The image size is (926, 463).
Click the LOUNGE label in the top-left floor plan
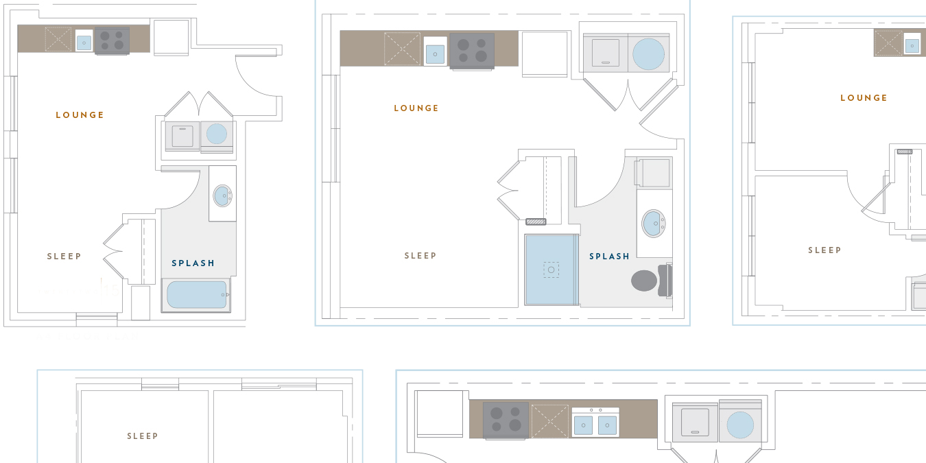coord(80,115)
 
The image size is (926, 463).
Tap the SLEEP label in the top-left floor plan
coord(64,257)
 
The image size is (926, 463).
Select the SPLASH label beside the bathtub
coord(193,263)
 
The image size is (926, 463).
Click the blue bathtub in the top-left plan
coord(196,295)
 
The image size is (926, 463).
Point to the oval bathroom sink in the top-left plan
coord(222,195)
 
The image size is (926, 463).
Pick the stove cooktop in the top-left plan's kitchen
coord(112,40)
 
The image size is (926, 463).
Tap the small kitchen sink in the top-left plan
coord(84,43)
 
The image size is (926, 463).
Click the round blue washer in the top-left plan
coord(217,134)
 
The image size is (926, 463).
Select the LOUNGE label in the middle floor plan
coord(416,108)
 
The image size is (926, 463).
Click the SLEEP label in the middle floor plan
coord(420,256)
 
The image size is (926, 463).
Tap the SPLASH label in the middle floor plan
coord(609,257)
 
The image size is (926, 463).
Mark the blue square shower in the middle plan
coord(551,270)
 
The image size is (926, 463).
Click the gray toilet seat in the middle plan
coord(644,281)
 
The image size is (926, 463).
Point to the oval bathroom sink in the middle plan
coord(654,223)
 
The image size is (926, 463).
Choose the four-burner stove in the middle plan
coord(472,51)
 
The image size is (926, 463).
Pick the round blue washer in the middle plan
coord(648,54)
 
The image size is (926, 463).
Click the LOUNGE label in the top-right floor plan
coord(864,98)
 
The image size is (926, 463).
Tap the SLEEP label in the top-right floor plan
coord(824,250)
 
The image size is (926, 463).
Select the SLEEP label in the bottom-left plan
coord(143,436)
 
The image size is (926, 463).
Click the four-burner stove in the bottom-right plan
coord(506,420)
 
